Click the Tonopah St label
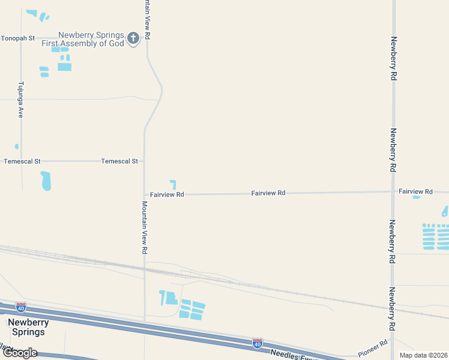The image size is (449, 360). (19, 38)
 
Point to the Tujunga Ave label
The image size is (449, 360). (20, 100)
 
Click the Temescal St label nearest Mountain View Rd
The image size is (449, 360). (119, 161)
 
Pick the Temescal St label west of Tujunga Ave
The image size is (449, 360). (22, 161)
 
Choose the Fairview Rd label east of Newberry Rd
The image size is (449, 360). (415, 191)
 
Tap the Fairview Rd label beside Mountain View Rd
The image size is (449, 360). (167, 194)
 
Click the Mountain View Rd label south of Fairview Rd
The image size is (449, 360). (145, 227)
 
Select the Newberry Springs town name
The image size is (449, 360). (26, 327)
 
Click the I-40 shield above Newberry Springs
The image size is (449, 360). (21, 307)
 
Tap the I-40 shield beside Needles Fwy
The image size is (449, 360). (258, 343)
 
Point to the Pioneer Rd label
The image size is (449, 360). (373, 347)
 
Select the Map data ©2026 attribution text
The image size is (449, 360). (423, 355)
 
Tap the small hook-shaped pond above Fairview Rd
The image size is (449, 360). (173, 185)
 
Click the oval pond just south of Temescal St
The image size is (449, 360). (46, 181)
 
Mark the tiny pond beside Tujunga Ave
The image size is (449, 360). (17, 146)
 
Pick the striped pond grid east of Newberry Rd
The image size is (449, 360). (435, 237)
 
